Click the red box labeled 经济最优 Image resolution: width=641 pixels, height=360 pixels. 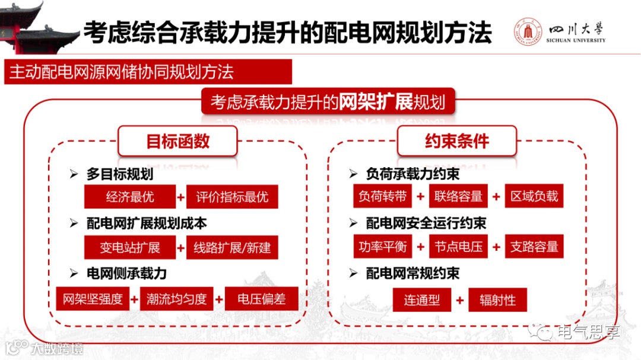click(129, 197)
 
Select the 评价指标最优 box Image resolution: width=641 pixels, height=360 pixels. click(232, 197)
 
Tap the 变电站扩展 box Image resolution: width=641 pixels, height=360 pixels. click(129, 248)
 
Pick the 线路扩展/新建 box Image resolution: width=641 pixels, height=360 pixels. click(232, 248)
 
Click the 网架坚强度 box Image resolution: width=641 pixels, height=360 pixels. click(93, 299)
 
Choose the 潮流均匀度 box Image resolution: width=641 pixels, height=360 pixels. click(177, 299)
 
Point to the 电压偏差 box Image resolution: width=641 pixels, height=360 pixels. click(261, 299)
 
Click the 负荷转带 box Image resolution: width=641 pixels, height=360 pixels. click(382, 196)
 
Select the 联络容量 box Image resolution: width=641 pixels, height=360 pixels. click(458, 196)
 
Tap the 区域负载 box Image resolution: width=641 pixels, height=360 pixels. click(534, 196)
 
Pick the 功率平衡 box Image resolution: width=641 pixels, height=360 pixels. click(382, 247)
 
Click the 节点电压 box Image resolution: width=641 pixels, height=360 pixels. click(458, 247)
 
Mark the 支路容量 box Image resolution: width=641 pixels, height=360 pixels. click(534, 247)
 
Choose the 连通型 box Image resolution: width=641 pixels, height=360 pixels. click(422, 300)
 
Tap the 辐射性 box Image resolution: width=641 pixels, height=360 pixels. click(497, 300)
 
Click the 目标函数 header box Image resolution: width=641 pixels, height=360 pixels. click(177, 141)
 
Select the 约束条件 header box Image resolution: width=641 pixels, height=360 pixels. click(457, 141)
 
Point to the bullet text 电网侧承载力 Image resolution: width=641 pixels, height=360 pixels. click(126, 273)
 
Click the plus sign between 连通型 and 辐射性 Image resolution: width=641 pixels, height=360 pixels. click(459, 300)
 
